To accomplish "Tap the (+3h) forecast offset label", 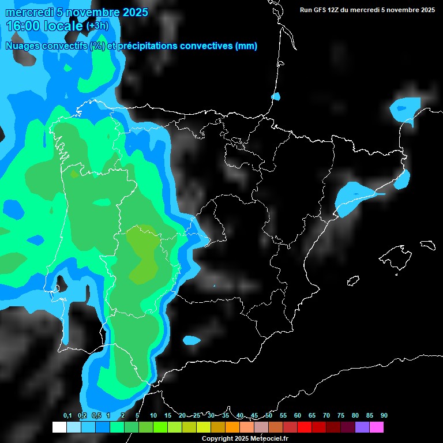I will pos(97,26).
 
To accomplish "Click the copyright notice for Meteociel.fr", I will pos(245,439).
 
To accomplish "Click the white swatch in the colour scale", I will pos(59,427).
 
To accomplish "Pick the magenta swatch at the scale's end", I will pos(376,427).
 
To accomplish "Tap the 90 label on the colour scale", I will pos(384,415).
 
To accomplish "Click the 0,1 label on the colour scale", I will pos(67,415).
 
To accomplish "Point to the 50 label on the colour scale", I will pos(269,415).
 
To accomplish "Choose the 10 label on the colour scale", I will pos(153,415).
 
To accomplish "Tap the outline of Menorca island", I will pos(427,245).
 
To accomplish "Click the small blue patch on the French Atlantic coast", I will pos(276,96).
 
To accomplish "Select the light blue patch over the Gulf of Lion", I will pos(406,108).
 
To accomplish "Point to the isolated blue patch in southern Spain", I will pos(192,340).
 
